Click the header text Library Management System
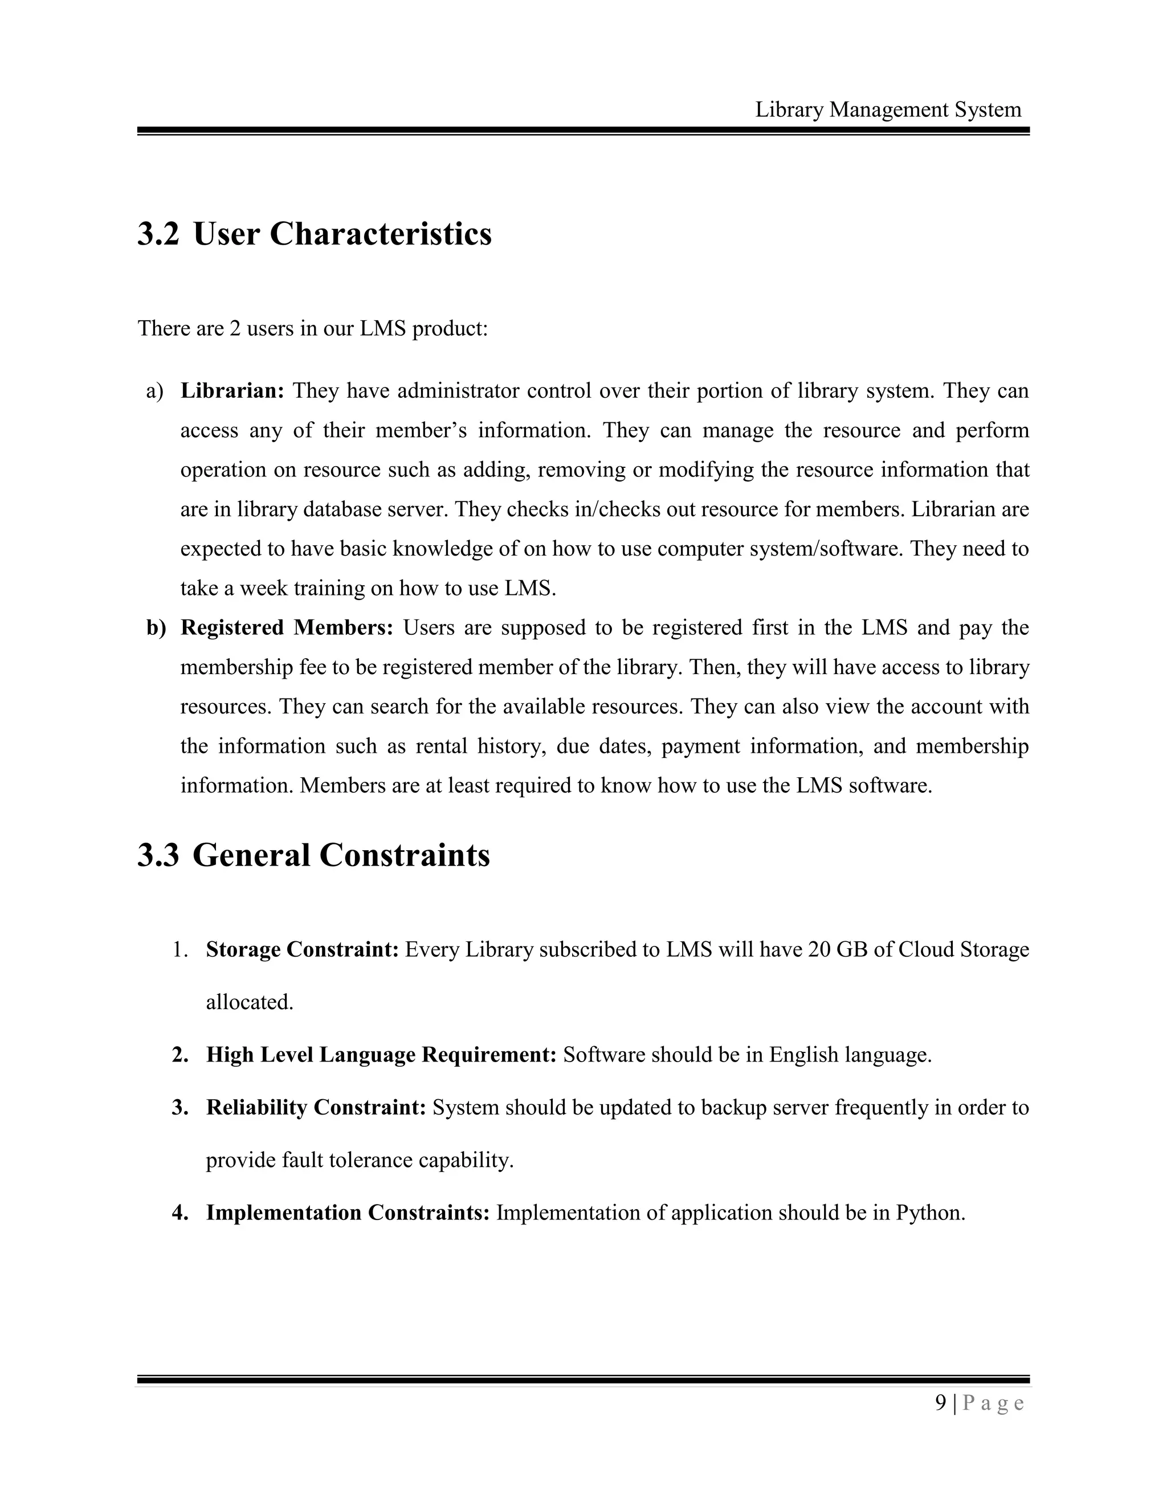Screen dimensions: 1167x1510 point(888,109)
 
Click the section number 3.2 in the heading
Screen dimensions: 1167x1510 point(158,234)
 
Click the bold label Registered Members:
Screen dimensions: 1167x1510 point(286,628)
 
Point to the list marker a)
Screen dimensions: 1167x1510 point(155,391)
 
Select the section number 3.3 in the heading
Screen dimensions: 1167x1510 point(158,855)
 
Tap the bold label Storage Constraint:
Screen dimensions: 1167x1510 point(302,950)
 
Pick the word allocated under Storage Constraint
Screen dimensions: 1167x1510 point(250,1002)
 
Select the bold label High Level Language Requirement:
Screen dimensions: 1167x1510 point(381,1055)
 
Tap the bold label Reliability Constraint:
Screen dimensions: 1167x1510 point(316,1108)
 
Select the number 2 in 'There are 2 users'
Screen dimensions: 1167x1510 point(235,328)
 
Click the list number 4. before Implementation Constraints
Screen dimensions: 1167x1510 point(179,1213)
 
